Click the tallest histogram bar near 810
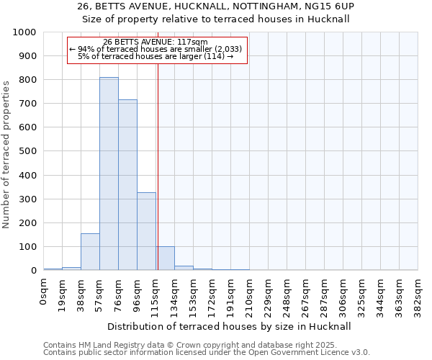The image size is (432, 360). [109, 173]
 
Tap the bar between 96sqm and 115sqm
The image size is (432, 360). [146, 231]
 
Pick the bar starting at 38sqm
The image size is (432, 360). [90, 252]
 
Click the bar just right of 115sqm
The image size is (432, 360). [166, 258]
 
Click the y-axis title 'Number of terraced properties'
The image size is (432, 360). [7, 154]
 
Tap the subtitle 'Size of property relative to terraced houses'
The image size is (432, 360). [215, 19]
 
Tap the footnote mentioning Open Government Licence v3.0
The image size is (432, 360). [207, 353]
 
